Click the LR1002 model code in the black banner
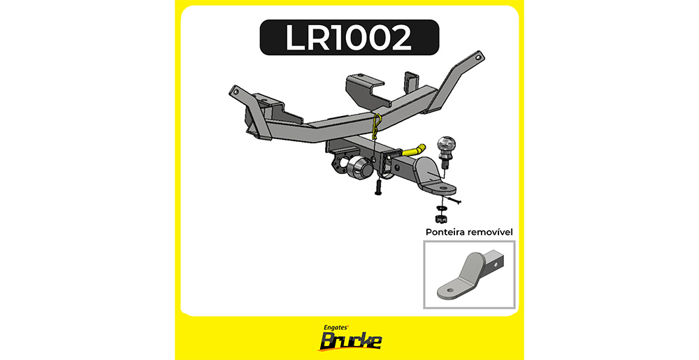348,38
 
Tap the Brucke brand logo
349,341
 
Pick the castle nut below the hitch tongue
440,218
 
